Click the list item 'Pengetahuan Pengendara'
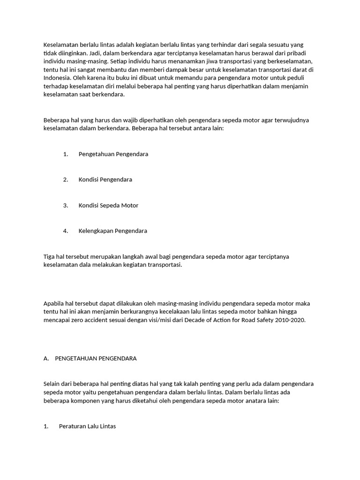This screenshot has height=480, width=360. (x=113, y=154)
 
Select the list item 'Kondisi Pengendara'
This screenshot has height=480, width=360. (x=105, y=180)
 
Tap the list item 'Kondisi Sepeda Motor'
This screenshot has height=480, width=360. (x=108, y=205)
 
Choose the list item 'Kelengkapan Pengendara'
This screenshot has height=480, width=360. (x=112, y=231)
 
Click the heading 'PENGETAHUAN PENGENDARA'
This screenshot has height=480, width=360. (x=96, y=359)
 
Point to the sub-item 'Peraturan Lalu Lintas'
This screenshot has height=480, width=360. (x=87, y=427)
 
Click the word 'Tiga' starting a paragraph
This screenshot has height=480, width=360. (x=49, y=256)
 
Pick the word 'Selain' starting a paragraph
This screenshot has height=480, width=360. (x=52, y=384)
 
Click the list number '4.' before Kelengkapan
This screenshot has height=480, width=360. (x=66, y=231)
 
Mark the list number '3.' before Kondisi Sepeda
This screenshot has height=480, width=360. (x=66, y=205)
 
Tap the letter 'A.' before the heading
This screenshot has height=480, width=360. (x=46, y=359)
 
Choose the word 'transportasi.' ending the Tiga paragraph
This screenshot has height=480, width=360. (x=165, y=265)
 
